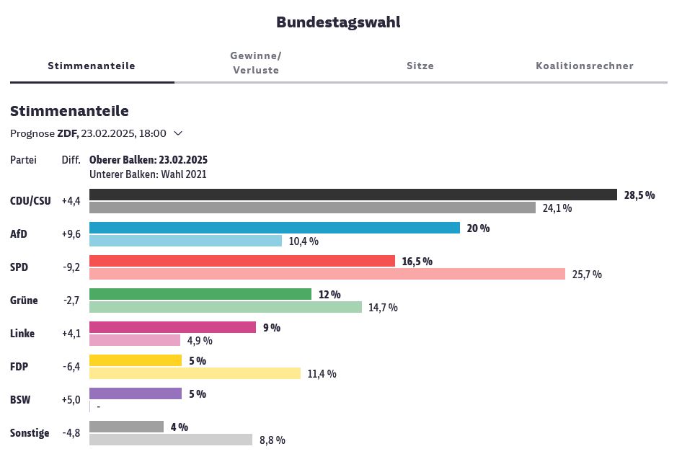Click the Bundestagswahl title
338,22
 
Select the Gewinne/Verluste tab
255,63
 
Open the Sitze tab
420,66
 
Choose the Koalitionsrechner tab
584,66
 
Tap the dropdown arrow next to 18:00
178,133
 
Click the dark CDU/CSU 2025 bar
353,195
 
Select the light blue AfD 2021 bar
185,241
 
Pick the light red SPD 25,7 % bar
327,274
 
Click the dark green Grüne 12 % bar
200,294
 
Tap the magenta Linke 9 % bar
172,327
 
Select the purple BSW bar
135,393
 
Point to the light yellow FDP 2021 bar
195,373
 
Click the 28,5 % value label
639,195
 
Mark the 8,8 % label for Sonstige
272,440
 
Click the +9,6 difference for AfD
71,234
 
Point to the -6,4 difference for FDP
71,367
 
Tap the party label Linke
23,334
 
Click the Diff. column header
71,160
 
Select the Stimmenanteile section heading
69,111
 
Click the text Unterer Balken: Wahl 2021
148,174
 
